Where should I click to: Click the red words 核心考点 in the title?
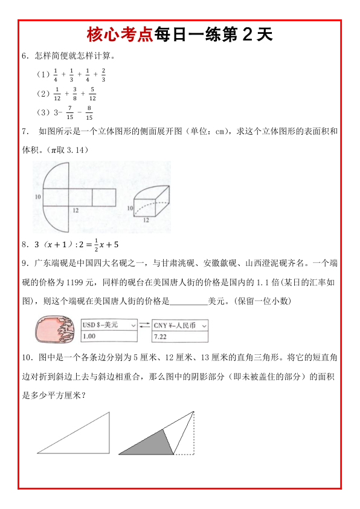120,34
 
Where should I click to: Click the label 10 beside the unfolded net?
37,197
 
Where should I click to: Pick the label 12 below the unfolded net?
76,210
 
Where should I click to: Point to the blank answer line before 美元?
188,300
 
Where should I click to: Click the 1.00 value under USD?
89,336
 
